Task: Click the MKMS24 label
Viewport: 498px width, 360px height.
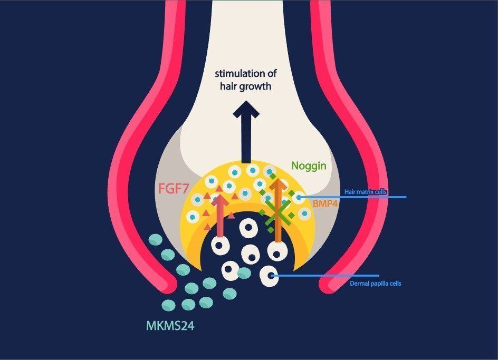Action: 170,326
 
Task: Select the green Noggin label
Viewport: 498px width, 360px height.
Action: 309,166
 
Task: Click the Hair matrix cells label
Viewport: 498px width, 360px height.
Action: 366,193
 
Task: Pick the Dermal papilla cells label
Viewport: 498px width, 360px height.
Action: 376,284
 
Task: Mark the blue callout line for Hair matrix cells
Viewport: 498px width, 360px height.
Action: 359,198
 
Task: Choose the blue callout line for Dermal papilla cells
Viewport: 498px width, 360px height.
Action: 327,275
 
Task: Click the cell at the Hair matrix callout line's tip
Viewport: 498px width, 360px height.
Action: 299,198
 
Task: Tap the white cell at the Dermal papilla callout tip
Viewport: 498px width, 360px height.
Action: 270,276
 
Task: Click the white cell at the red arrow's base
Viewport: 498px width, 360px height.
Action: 221,245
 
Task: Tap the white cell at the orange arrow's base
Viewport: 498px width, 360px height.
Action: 277,250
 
